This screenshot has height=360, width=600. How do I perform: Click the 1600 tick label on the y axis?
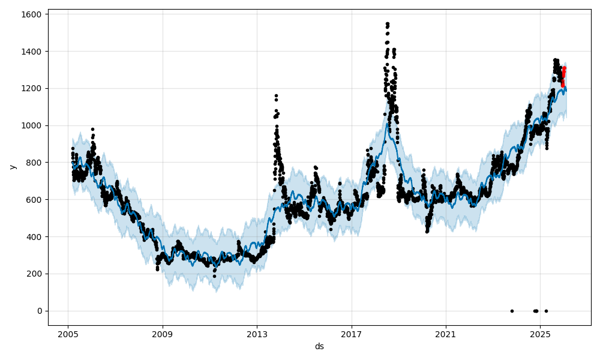point(32,14)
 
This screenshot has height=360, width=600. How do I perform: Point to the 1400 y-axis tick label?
point(32,51)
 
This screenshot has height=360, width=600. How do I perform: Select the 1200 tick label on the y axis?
point(32,88)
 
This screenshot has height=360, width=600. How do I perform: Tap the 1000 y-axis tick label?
point(32,125)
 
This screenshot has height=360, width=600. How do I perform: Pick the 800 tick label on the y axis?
point(34,163)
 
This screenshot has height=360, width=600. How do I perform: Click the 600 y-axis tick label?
point(34,199)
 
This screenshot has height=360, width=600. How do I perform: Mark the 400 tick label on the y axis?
point(34,236)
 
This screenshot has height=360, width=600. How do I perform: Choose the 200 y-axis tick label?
point(34,274)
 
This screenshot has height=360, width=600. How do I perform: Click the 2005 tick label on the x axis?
point(68,334)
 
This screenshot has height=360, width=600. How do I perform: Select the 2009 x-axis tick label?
point(163,334)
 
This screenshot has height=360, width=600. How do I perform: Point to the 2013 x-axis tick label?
point(257,334)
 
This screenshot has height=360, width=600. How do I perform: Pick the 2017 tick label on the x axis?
point(352,334)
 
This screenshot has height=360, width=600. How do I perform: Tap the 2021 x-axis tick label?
point(446,334)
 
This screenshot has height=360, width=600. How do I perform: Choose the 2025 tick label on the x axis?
point(540,334)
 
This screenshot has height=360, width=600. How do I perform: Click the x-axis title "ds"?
point(319,346)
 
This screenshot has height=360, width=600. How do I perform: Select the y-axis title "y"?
point(11,167)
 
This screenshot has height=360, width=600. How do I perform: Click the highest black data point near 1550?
point(388,23)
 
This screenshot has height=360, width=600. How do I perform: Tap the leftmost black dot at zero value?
point(512,311)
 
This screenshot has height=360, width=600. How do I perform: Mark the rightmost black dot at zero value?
point(546,311)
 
